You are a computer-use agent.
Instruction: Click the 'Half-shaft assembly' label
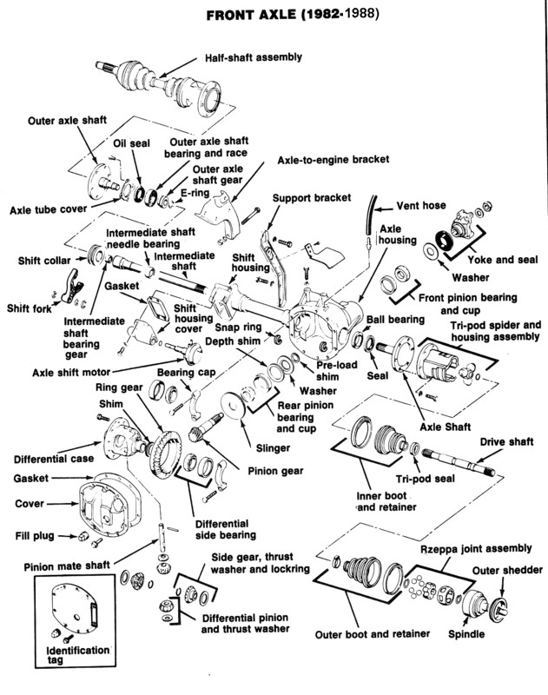point(253,57)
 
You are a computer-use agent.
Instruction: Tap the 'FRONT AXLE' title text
point(251,15)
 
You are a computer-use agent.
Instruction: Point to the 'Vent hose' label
point(421,206)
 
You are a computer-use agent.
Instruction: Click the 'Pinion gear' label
point(275,471)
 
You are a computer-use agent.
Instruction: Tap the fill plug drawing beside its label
point(83,536)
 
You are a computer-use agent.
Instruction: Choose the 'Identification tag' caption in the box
point(78,655)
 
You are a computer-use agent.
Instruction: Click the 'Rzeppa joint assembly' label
point(476,549)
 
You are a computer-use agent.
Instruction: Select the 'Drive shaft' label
point(506,442)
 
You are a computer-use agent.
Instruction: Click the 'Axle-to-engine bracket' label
point(333,160)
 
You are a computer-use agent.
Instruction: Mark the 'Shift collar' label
point(44,261)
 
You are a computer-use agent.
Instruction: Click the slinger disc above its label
point(233,405)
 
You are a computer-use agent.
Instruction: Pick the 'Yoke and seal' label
point(503,260)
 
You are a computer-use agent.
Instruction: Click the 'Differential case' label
point(54,460)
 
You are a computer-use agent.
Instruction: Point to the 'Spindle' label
point(466,634)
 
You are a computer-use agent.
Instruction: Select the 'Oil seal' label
point(132,143)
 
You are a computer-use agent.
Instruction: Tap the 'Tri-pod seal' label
point(426,479)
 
